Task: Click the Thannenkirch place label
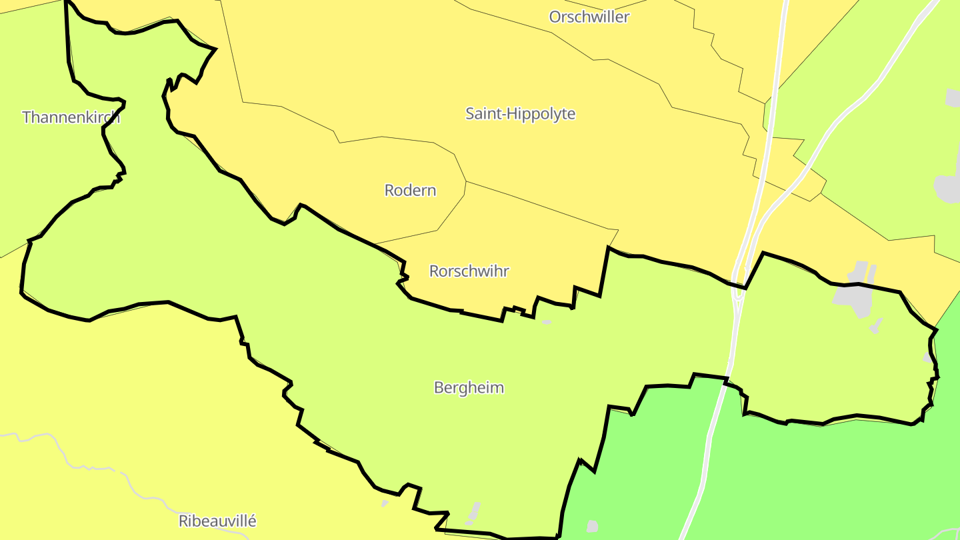pyautogui.click(x=71, y=117)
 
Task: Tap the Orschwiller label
pyautogui.click(x=589, y=17)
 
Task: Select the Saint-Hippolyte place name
pyautogui.click(x=520, y=114)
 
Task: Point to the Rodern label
pyautogui.click(x=410, y=191)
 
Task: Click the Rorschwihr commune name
pyautogui.click(x=469, y=271)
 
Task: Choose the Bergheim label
pyautogui.click(x=469, y=387)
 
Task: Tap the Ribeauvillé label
pyautogui.click(x=217, y=521)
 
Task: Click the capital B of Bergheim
pyautogui.click(x=439, y=387)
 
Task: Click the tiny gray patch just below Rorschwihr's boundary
pyautogui.click(x=547, y=322)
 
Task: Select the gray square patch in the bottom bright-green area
pyautogui.click(x=593, y=527)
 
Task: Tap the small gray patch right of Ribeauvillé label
pyautogui.click(x=385, y=503)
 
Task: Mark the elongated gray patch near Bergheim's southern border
pyautogui.click(x=474, y=511)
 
